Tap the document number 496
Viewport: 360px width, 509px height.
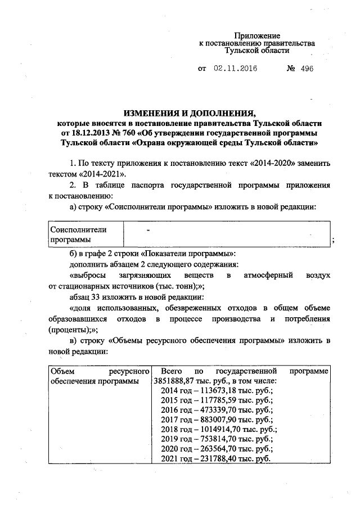coord(305,69)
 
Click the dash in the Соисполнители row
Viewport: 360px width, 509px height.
coord(148,230)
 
